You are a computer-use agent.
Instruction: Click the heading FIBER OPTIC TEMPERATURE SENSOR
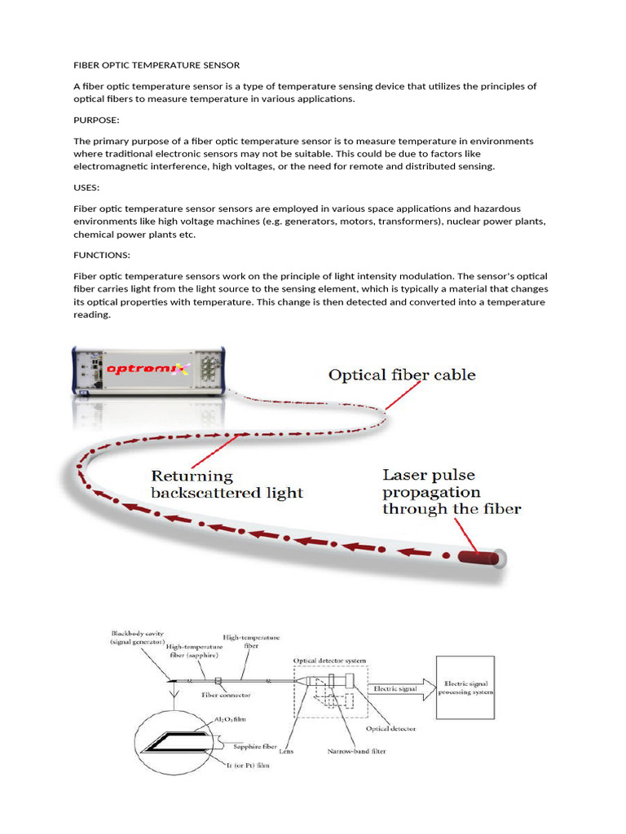[156, 64]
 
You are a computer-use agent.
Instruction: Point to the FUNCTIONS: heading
[102, 255]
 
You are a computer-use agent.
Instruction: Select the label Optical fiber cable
[402, 375]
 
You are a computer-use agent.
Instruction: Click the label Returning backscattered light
[227, 485]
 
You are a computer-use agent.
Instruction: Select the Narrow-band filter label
[357, 751]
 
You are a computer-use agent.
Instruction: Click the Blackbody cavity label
[138, 633]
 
